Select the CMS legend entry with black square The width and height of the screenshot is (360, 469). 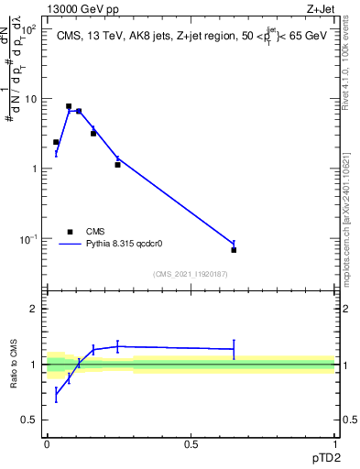point(71,232)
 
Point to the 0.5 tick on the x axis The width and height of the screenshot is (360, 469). point(191,443)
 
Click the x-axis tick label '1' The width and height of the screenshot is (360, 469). point(334,443)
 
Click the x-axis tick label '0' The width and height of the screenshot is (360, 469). point(47,443)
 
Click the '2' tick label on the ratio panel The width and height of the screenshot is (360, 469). point(32,309)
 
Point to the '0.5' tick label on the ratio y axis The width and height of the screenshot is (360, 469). point(28,420)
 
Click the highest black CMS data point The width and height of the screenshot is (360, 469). point(69,106)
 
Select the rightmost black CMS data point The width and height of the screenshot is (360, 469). point(234,250)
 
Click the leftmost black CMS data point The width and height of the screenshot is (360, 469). point(56,142)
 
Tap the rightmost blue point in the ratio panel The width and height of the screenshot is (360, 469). point(234,349)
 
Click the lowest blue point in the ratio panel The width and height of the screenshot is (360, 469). point(56,395)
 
